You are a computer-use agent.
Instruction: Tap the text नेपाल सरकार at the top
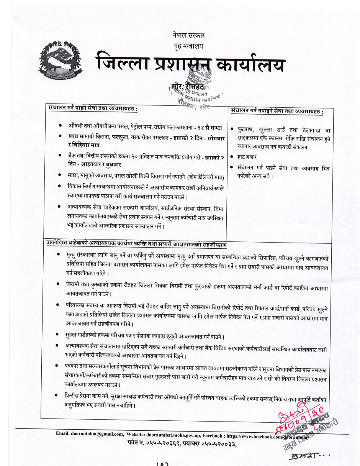189,35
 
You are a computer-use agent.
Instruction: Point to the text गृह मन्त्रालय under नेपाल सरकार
189,46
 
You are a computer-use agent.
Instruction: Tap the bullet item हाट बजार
249,157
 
